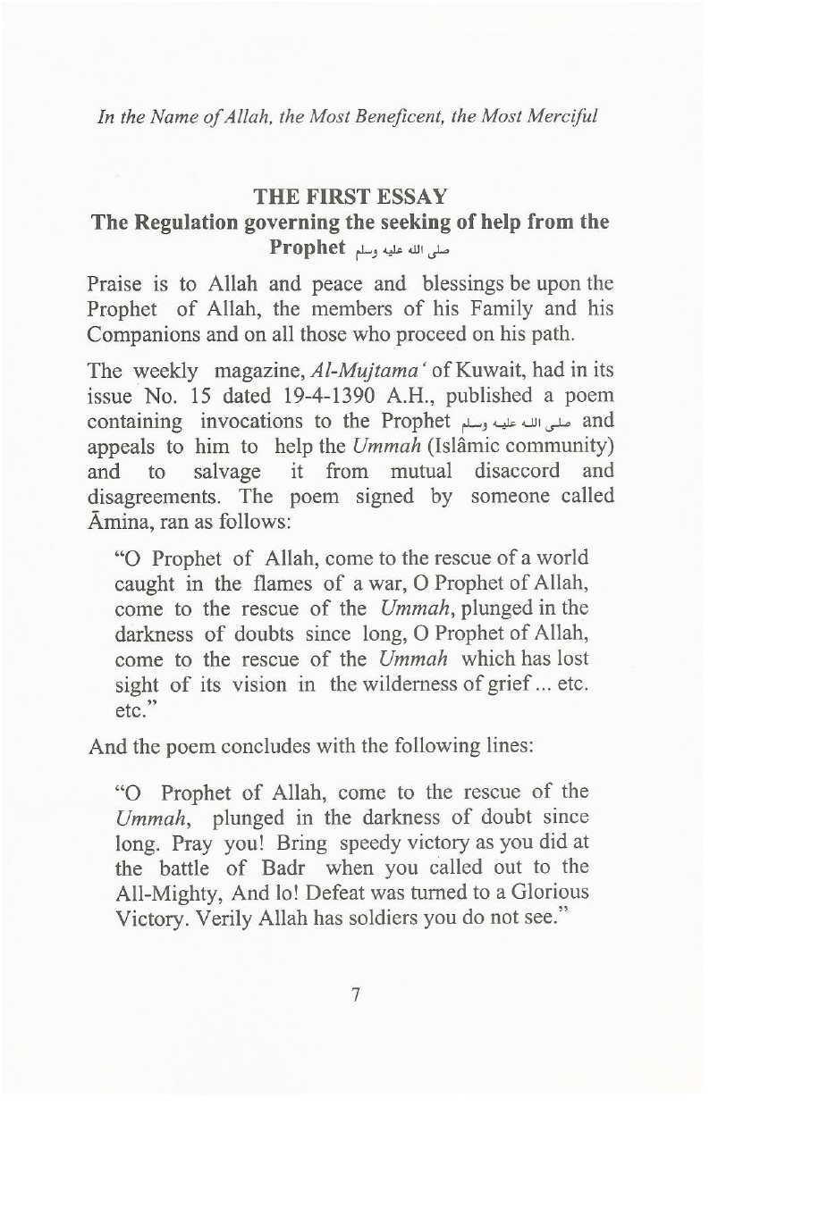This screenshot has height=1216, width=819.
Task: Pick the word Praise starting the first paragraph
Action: [x=117, y=285]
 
